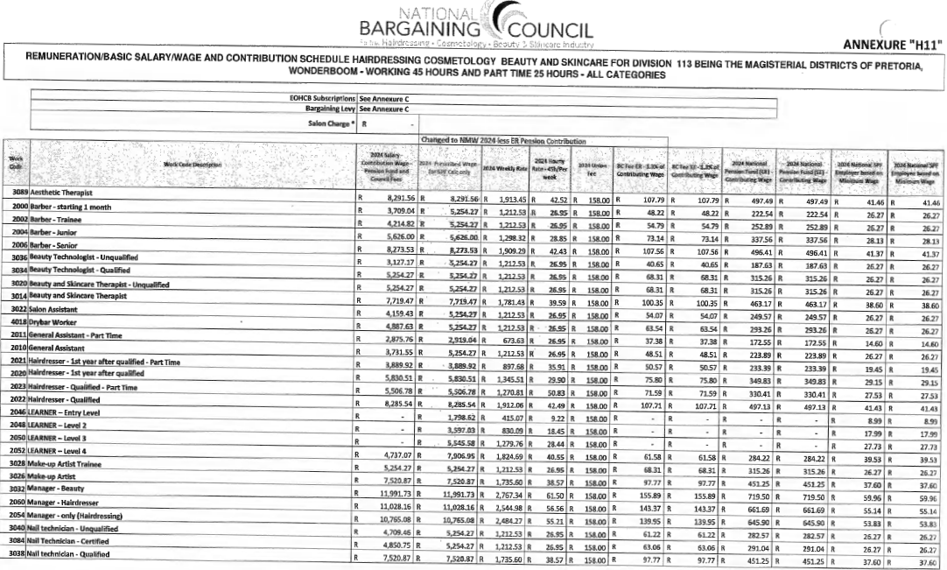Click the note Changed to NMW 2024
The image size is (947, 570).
[503, 140]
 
